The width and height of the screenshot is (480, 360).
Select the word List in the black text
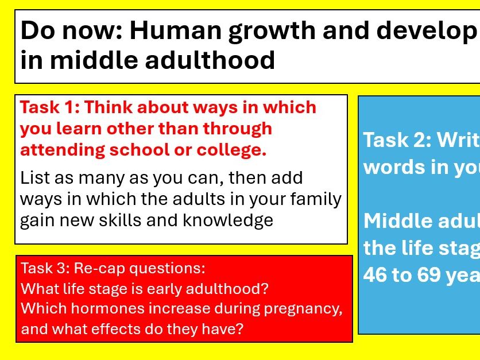34,178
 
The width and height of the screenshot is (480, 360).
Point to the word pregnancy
303,308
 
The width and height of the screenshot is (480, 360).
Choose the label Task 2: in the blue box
396,140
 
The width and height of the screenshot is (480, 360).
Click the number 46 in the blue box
374,275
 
